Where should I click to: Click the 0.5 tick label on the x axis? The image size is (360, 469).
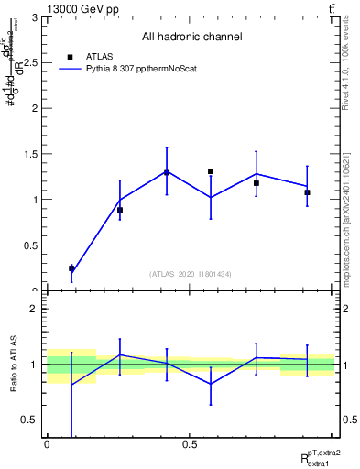pyautogui.click(x=190, y=443)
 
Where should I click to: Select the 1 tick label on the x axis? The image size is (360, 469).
pyautogui.click(x=333, y=443)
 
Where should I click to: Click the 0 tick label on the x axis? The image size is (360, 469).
pyautogui.click(x=47, y=443)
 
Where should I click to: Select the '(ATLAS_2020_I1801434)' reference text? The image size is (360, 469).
pyautogui.click(x=191, y=274)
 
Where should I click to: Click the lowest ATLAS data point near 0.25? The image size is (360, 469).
pyautogui.click(x=71, y=268)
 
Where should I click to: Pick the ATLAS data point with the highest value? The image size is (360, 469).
pyautogui.click(x=211, y=171)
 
